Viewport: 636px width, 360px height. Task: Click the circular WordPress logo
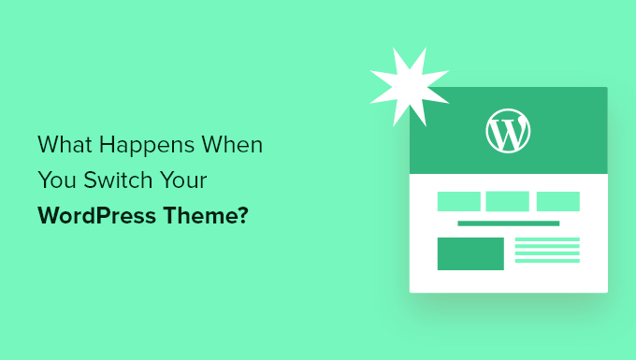pos(508,132)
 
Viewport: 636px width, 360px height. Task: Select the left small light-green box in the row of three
pos(458,201)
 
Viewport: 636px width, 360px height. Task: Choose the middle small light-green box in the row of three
pos(508,201)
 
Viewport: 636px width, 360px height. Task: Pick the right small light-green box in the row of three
pos(558,201)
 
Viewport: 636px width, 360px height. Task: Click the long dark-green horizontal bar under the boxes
pos(508,223)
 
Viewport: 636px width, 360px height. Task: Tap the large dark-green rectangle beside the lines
pos(470,253)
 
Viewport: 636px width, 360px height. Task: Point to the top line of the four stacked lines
pos(547,239)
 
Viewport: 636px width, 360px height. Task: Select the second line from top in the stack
pos(547,249)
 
